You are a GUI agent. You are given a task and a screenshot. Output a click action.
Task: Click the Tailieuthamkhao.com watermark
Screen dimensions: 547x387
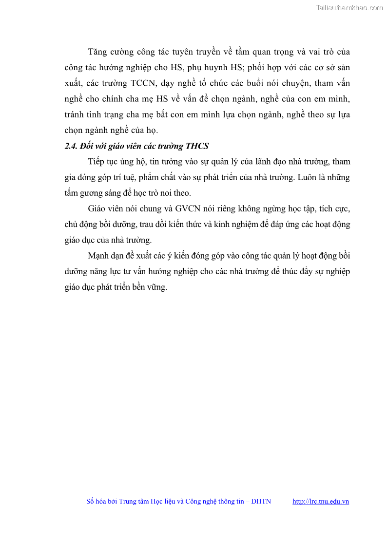[349, 7]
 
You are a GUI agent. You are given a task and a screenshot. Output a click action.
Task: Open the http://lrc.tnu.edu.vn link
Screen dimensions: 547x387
[320, 501]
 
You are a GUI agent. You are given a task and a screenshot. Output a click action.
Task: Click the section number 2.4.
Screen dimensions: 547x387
[71, 146]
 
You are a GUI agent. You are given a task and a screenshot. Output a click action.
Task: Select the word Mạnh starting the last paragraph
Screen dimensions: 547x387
[99, 256]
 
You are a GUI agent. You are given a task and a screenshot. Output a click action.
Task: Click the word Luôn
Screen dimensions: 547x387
[307, 177]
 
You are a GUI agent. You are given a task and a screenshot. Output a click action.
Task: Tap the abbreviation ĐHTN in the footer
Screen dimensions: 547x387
[261, 501]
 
